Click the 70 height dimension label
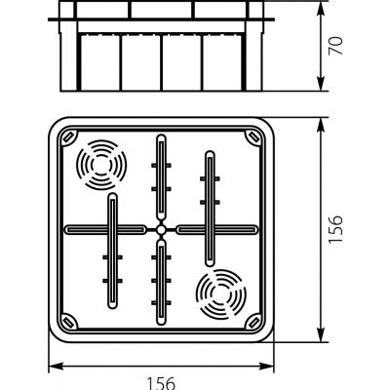pos(335,46)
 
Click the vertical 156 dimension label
pos(335,228)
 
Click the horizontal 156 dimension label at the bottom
pos(162,383)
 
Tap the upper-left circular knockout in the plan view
pos(101,165)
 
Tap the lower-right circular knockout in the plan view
pos(221,294)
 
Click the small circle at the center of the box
pos(161,230)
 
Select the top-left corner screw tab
pos(69,136)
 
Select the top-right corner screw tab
pos(253,136)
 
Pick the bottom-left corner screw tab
pos(69,322)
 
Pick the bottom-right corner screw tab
pos(253,322)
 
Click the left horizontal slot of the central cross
pos(105,230)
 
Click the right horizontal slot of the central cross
pos(217,230)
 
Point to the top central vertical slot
pos(161,177)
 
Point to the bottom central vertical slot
pos(161,283)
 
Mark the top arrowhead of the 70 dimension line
pos(321,9)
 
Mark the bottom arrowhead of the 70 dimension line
pos(321,84)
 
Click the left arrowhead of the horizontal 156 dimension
pos(56,367)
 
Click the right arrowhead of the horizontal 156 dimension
pos(266,367)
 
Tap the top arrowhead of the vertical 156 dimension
pos(321,125)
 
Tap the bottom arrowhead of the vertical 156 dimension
pos(321,334)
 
